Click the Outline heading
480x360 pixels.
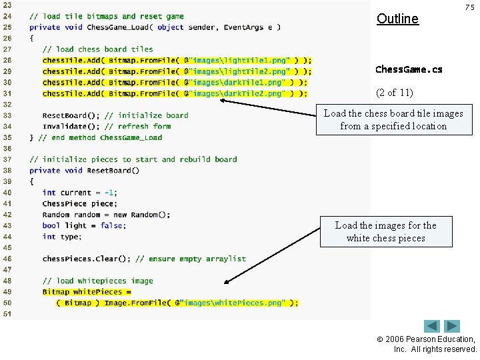(397, 19)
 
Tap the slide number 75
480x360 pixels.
(469, 7)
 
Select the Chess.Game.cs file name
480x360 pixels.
(409, 69)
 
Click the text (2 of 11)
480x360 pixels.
(395, 93)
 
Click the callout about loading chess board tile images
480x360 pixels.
(393, 119)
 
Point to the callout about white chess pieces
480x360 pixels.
(385, 231)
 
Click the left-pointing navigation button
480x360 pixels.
(432, 327)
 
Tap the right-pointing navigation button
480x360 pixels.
(453, 327)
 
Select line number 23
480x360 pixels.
(7, 5)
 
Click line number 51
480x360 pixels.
(7, 313)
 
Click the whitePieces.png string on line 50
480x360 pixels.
(233, 303)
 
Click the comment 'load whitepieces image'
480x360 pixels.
(97, 281)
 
